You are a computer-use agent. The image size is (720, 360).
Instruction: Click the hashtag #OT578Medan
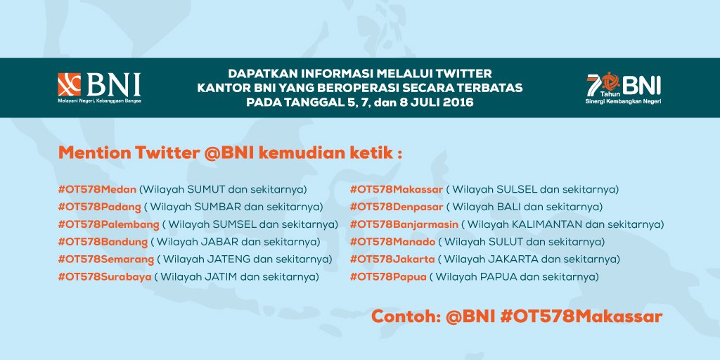(x=98, y=189)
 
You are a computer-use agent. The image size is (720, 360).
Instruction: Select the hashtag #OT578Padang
(x=100, y=207)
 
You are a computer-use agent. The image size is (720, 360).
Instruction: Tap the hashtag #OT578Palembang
(x=109, y=224)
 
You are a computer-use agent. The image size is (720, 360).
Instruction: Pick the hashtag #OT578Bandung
(x=103, y=242)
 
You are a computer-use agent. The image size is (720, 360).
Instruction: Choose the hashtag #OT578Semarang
(x=106, y=259)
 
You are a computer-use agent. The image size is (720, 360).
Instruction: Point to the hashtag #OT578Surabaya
(x=105, y=277)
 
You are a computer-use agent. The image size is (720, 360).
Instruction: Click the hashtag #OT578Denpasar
(x=397, y=207)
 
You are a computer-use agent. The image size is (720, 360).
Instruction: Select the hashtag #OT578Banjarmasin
(x=404, y=224)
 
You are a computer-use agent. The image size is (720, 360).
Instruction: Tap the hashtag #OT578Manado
(x=392, y=242)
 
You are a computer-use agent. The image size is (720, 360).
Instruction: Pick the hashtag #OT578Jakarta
(x=392, y=259)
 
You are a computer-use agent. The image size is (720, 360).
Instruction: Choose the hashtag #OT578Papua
(x=388, y=277)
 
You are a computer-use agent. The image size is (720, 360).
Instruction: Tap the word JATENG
(x=226, y=259)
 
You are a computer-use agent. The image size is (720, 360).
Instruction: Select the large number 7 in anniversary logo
(x=592, y=84)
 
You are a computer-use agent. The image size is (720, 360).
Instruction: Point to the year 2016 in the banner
(x=454, y=103)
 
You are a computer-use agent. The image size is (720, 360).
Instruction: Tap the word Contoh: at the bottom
(x=405, y=316)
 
